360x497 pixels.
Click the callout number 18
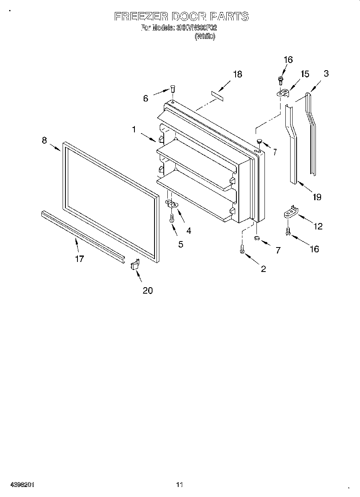(238, 74)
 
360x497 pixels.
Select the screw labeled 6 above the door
(173, 89)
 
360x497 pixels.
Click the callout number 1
(134, 129)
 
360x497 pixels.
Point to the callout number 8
(44, 140)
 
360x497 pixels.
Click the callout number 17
(79, 259)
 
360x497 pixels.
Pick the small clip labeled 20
(134, 265)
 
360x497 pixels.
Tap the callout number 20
(148, 290)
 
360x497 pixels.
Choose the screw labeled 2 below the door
(242, 249)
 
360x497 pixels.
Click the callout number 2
(263, 269)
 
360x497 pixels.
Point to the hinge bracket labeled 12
(290, 212)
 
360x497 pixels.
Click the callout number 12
(317, 227)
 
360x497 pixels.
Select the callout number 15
(305, 74)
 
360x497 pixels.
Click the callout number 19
(317, 197)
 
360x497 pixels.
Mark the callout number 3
(326, 73)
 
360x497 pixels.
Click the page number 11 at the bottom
(179, 485)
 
